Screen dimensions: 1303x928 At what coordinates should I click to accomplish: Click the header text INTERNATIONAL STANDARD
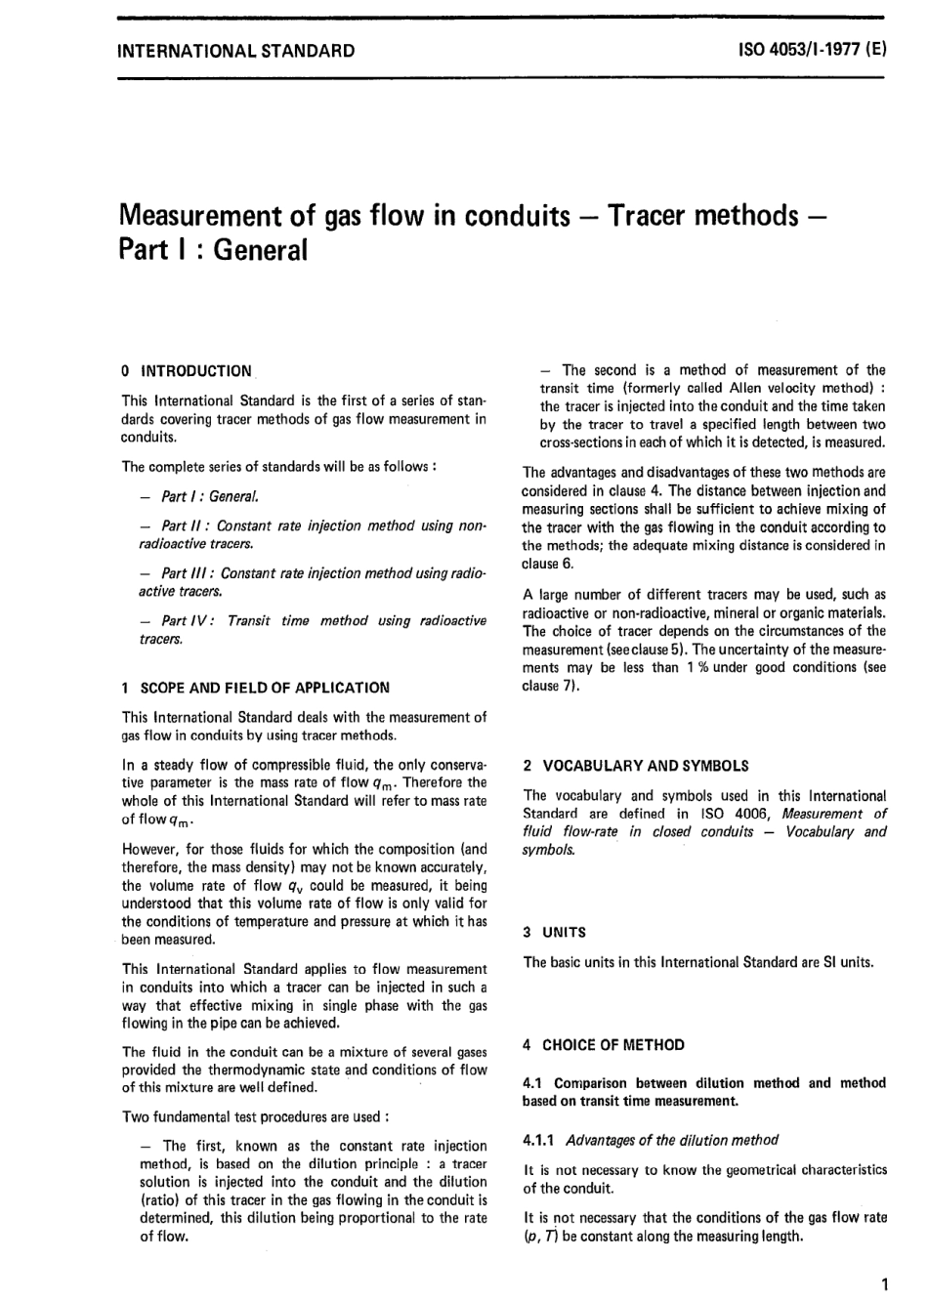click(235, 51)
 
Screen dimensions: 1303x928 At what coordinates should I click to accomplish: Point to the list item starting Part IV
click(313, 629)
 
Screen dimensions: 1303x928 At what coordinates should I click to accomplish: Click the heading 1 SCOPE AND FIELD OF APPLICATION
click(255, 688)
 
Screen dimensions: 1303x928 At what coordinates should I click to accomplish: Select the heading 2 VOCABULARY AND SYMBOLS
click(636, 766)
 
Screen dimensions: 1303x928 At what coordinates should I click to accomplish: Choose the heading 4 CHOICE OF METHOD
click(604, 1045)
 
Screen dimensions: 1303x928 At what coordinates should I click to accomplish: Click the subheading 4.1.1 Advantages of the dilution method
click(651, 1140)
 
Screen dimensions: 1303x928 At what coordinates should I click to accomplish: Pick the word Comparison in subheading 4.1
click(590, 1082)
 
